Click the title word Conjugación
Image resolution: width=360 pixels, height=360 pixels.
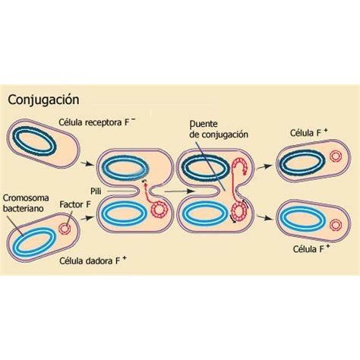tap(43, 99)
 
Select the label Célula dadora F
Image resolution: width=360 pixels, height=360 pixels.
tap(93, 261)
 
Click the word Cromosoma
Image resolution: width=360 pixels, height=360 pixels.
tap(26, 197)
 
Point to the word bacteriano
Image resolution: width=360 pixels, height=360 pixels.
tap(23, 209)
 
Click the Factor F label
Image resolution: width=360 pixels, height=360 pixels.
tap(75, 204)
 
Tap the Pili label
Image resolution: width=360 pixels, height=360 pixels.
tap(96, 191)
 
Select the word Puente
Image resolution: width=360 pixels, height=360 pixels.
tap(204, 124)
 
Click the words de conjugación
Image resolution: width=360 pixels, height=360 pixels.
tap(219, 134)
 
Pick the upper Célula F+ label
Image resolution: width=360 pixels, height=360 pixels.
tap(309, 133)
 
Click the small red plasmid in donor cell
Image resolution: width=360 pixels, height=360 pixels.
tap(65, 229)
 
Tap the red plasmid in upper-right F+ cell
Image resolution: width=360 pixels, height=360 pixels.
tap(336, 156)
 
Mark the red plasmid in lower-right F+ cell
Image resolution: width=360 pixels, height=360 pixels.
tap(336, 225)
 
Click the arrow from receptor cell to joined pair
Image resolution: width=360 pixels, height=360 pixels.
tap(87, 164)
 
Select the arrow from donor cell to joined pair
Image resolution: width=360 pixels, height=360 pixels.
tap(87, 218)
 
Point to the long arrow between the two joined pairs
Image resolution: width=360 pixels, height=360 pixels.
tap(179, 191)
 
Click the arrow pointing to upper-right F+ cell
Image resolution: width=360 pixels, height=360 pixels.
tap(264, 167)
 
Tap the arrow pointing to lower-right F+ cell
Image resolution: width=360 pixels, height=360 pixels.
tap(265, 217)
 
